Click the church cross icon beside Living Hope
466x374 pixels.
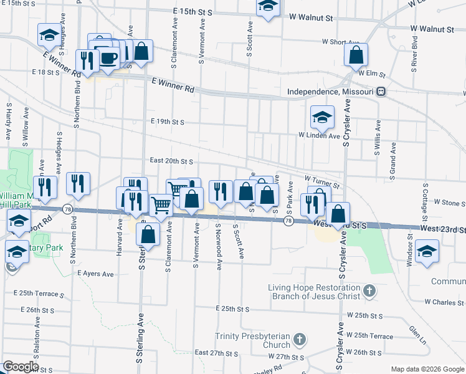tap(369, 291)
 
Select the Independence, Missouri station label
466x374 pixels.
tap(330, 92)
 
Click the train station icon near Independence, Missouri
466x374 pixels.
tap(381, 92)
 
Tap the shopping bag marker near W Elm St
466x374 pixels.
tap(356, 55)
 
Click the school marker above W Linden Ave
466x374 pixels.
tap(322, 117)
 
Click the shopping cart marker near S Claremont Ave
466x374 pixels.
tap(162, 204)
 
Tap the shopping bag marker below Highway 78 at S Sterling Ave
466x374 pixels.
tap(148, 234)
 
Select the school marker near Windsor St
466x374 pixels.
tap(427, 252)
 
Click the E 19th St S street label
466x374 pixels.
tap(167, 122)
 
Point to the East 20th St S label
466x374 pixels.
tap(171, 161)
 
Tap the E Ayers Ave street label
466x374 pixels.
tap(95, 274)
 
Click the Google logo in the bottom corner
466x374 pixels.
tap(21, 367)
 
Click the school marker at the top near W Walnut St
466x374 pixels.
tap(268, 7)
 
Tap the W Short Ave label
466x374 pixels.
tap(340, 42)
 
